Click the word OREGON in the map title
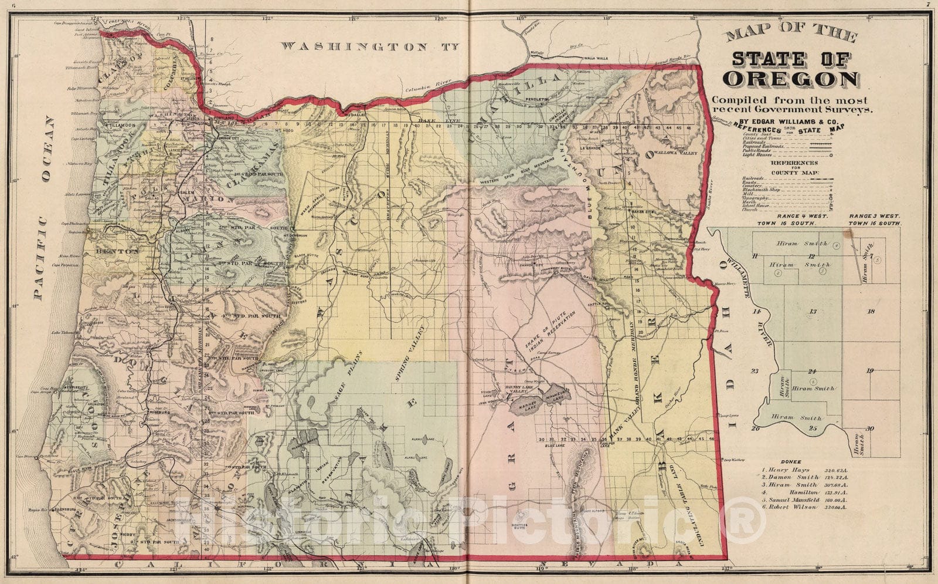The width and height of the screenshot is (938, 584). click(x=791, y=79)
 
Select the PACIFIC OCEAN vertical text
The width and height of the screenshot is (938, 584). click(x=43, y=208)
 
